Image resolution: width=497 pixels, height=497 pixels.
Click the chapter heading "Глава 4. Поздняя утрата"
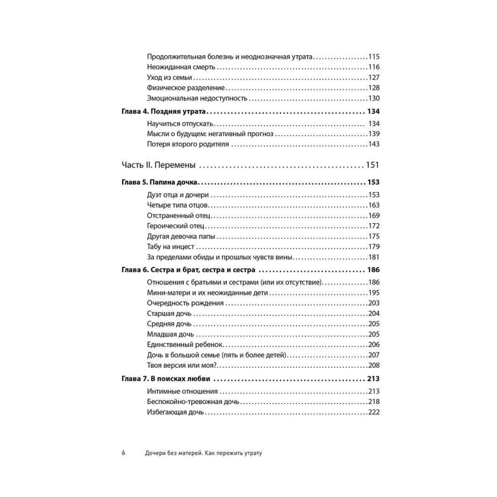[164, 112]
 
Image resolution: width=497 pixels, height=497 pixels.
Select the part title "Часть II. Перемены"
[158, 165]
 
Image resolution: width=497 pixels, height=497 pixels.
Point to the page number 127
[374, 78]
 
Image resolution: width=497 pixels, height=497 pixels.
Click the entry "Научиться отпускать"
[180, 124]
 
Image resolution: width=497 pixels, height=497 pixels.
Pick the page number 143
[374, 144]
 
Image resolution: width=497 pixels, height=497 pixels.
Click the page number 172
[374, 226]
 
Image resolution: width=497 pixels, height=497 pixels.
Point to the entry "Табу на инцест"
[171, 247]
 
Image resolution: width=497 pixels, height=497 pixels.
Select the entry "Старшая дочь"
[169, 314]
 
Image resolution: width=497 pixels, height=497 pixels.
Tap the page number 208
[374, 365]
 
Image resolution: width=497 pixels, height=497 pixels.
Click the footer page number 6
[123, 453]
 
